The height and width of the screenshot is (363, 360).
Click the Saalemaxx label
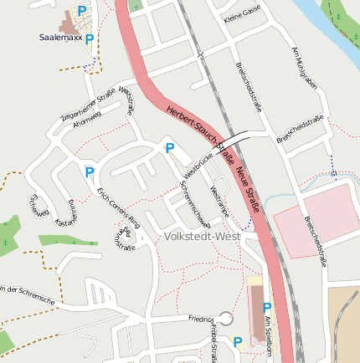[x=60, y=38]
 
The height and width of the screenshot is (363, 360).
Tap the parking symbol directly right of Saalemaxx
[x=90, y=39]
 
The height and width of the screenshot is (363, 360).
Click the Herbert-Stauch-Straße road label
[x=199, y=129]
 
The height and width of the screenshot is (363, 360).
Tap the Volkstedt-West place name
[x=201, y=237]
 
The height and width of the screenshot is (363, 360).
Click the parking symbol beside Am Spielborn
[x=266, y=308]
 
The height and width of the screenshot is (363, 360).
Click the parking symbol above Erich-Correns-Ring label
[x=90, y=172]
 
